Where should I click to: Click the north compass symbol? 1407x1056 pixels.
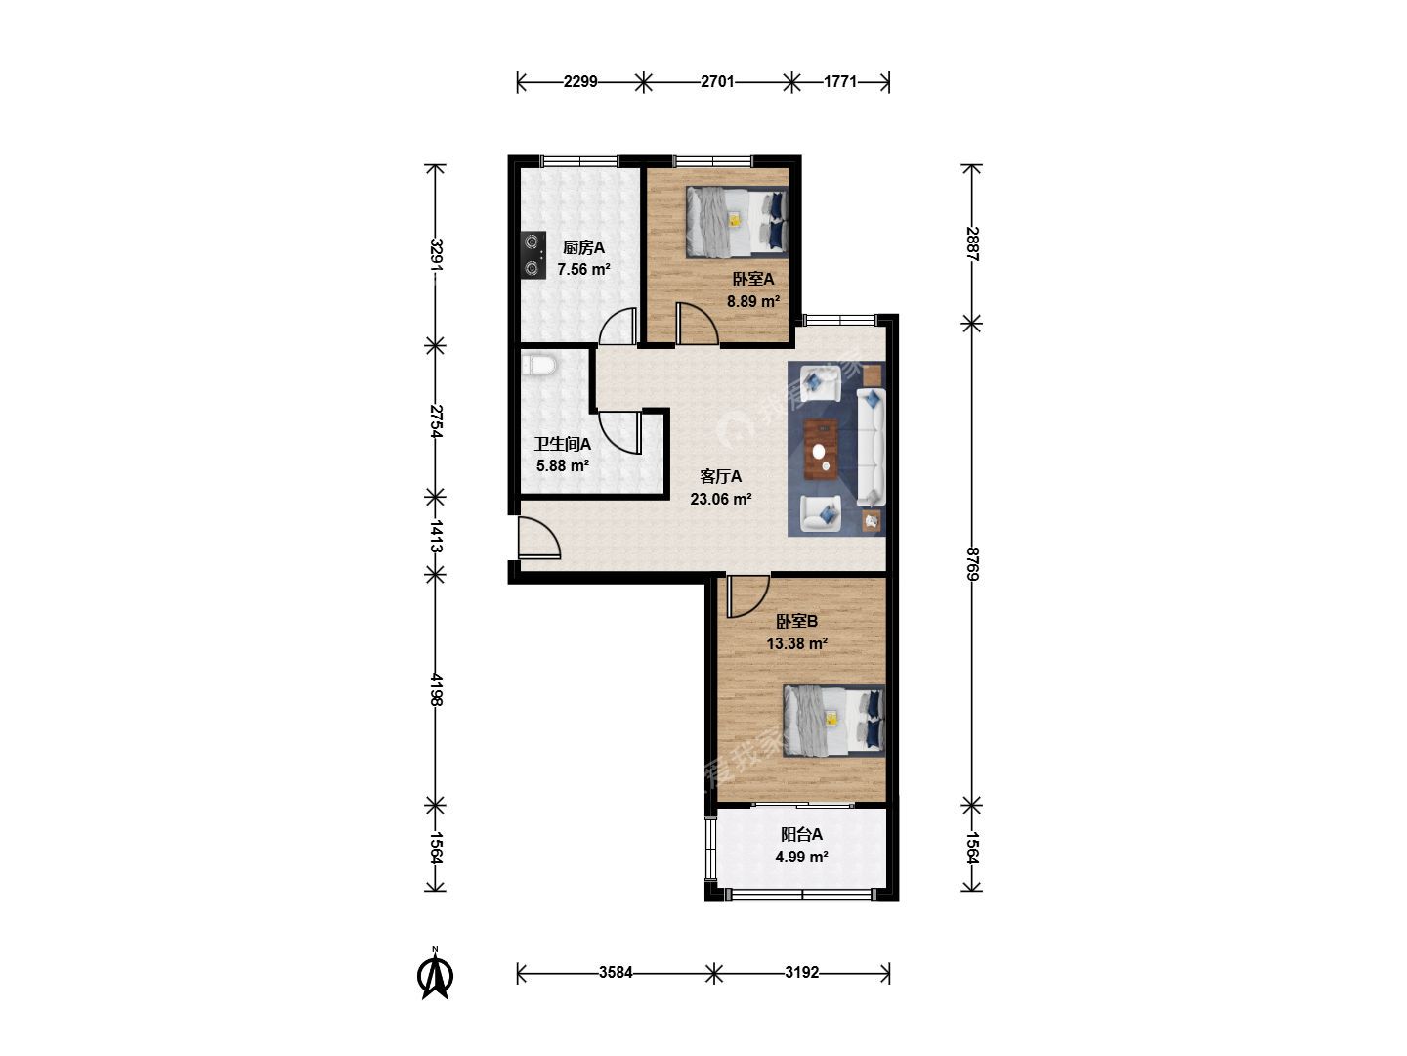click(435, 975)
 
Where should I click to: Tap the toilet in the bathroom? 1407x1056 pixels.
click(537, 366)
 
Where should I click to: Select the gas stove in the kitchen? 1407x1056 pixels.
click(533, 254)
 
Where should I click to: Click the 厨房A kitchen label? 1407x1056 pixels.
click(583, 246)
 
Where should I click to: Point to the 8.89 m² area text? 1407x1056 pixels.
click(753, 301)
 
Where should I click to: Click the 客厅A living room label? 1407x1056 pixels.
click(720, 476)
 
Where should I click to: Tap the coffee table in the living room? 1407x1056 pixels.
click(822, 449)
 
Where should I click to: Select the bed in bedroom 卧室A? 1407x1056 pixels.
click(737, 222)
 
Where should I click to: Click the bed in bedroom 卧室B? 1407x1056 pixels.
click(834, 720)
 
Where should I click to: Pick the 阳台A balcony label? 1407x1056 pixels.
click(801, 834)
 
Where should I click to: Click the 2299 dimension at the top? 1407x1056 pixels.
click(580, 81)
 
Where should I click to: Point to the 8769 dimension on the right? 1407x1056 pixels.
click(972, 563)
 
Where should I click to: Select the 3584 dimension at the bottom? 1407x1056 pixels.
click(616, 973)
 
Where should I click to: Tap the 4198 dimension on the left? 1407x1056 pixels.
click(436, 688)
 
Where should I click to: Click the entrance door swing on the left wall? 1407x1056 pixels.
click(539, 538)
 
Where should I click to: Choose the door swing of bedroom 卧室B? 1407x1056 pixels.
click(747, 596)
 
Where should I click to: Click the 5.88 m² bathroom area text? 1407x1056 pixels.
click(563, 465)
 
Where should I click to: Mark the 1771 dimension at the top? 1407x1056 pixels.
click(840, 81)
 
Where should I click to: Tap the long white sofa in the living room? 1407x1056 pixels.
click(872, 448)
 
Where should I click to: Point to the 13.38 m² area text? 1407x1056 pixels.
click(796, 643)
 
